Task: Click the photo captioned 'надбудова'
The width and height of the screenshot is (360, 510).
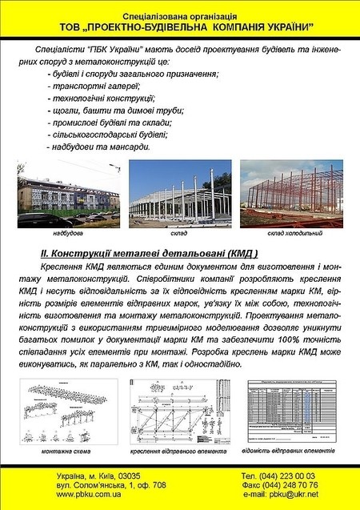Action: point(69,195)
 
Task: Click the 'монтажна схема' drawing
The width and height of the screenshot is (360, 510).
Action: point(68,415)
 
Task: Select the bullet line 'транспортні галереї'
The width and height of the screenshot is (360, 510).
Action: point(96,86)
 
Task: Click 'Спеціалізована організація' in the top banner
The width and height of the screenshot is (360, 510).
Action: point(180,15)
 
